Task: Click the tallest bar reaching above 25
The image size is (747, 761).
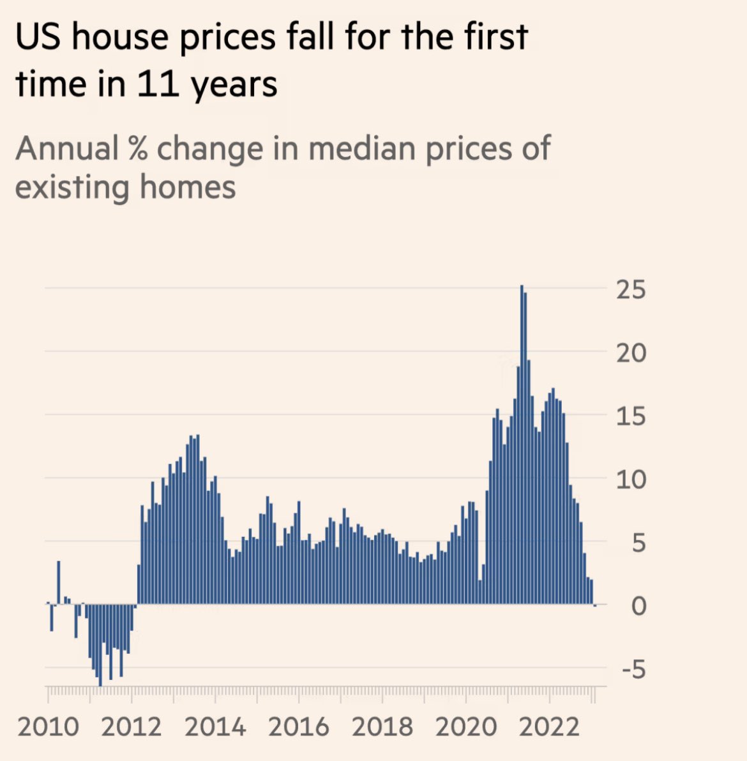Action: [522, 447]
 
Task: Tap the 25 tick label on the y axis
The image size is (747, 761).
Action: [631, 289]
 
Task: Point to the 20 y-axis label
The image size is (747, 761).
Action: [631, 352]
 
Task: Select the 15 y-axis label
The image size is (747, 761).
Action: [631, 416]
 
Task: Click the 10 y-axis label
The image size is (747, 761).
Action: [631, 479]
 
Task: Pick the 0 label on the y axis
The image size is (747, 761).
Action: [638, 605]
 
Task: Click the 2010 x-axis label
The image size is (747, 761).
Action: [49, 727]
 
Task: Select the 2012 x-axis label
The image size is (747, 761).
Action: [131, 727]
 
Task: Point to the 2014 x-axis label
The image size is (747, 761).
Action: [215, 727]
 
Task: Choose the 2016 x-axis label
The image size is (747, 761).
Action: [299, 727]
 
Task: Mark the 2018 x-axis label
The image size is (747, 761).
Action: [382, 727]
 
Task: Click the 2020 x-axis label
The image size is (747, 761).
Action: [466, 727]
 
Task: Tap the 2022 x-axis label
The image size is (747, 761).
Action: [550, 727]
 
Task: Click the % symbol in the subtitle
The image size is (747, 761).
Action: [137, 149]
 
